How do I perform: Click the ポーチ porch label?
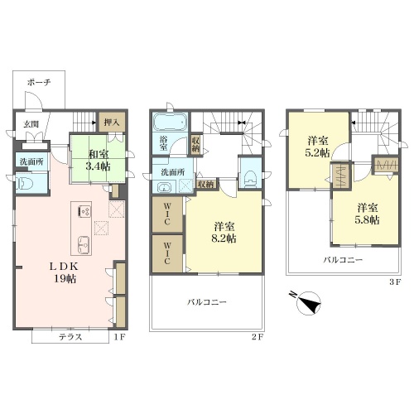tap(39, 82)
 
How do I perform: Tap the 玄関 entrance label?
tap(31, 124)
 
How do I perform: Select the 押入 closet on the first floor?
tap(112, 122)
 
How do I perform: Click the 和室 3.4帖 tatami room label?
tap(99, 160)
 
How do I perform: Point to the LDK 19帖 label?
tap(65, 272)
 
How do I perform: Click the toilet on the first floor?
tap(25, 183)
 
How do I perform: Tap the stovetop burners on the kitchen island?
tap(84, 211)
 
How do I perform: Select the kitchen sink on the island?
tap(84, 243)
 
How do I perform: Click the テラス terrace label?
tap(70, 337)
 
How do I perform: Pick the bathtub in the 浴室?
tap(171, 123)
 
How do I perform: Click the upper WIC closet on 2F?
tap(167, 214)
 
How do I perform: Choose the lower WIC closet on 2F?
tap(167, 253)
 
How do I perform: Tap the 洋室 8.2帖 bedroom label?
tap(224, 233)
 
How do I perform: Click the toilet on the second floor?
tap(250, 178)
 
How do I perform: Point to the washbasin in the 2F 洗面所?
tap(165, 187)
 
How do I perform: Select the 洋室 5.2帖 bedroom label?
tap(318, 147)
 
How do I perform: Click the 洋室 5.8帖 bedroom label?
tap(368, 214)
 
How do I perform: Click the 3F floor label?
tap(395, 282)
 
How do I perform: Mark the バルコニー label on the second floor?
tap(207, 302)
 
